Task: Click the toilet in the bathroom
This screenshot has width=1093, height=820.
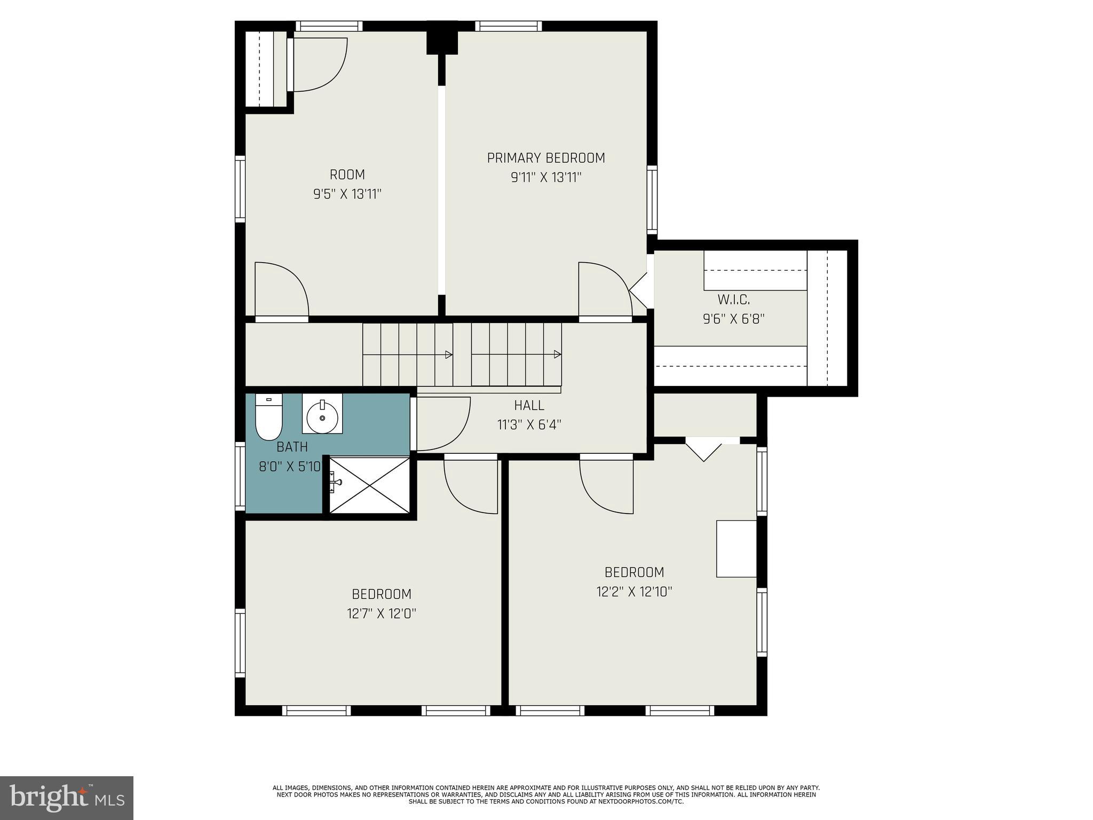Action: [268, 418]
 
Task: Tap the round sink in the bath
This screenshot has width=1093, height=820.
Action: [322, 414]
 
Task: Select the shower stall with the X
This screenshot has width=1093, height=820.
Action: [369, 485]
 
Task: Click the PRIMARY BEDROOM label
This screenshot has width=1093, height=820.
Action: [545, 158]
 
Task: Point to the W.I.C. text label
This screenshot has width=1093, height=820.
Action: [733, 299]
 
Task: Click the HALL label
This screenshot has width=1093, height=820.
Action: [529, 406]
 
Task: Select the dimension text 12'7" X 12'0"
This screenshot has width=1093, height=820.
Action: [381, 613]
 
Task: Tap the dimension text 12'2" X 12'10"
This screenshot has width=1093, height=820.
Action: [634, 592]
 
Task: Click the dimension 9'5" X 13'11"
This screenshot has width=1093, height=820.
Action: [347, 194]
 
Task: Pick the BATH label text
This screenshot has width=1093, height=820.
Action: [292, 447]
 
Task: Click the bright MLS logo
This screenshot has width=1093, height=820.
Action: [66, 798]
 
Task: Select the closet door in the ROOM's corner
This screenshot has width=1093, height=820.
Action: [320, 64]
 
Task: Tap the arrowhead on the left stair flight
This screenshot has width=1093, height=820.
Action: [449, 354]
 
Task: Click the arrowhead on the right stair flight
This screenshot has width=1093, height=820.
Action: [557, 354]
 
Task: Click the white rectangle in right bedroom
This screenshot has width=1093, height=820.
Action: [736, 548]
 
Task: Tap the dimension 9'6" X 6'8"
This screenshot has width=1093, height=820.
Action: [733, 319]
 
